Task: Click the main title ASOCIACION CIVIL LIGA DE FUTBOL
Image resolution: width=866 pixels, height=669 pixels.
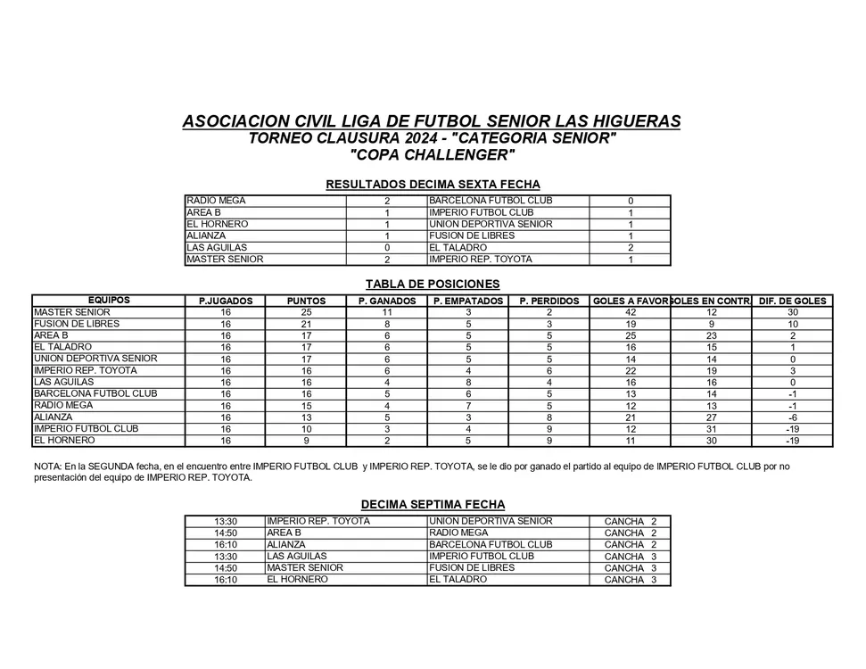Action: point(432,121)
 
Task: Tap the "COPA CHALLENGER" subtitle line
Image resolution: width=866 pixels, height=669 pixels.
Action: point(433,155)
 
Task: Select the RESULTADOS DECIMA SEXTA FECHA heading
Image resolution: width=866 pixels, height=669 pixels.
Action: point(433,185)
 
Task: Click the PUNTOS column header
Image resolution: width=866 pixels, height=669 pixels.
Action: point(306,301)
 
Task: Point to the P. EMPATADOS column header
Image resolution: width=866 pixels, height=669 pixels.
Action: point(468,301)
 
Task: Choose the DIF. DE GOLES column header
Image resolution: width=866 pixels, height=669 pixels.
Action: point(793,301)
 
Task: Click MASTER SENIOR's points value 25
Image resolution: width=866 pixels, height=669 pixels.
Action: point(306,313)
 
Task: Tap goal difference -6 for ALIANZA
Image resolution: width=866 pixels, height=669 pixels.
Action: point(793,417)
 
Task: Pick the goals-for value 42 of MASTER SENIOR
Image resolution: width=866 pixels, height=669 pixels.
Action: point(631,313)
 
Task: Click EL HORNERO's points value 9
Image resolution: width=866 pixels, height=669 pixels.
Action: point(306,441)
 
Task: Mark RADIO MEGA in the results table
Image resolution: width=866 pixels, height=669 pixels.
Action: point(216,202)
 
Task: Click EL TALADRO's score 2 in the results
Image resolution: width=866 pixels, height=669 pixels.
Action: point(631,248)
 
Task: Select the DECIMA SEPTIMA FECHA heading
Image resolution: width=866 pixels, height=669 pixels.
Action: point(433,505)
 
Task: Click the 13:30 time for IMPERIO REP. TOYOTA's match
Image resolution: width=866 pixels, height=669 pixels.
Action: point(226,522)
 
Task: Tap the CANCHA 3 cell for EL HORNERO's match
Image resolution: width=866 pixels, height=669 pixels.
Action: point(631,580)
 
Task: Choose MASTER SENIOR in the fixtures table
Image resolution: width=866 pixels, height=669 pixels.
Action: point(305,568)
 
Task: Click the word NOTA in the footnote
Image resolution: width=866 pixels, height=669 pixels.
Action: point(47,467)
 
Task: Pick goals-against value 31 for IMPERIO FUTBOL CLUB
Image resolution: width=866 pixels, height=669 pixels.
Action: point(712,429)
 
